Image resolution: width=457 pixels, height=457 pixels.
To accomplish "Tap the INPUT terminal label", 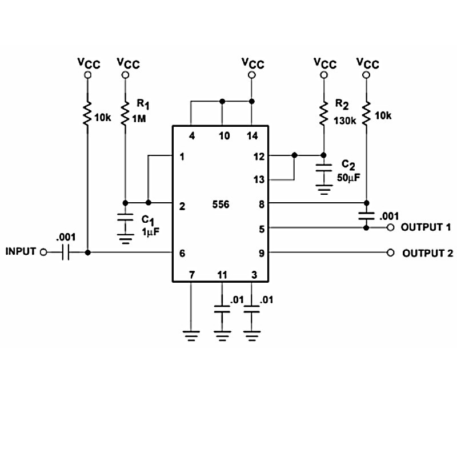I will click(21, 251).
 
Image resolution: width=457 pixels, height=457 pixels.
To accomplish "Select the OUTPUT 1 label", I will click(426, 227).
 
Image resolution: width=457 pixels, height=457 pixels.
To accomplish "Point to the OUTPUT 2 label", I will click(427, 252).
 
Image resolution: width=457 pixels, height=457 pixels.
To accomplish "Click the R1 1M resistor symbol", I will click(125, 113).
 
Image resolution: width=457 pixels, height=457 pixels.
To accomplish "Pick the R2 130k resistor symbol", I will click(323, 113).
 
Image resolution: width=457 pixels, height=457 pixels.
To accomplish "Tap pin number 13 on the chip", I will click(259, 180).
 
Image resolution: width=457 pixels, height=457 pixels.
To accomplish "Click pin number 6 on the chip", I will click(182, 252).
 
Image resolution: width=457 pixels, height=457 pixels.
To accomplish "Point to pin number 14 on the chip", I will click(252, 136).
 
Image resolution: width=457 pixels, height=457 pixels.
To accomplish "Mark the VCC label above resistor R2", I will click(324, 63).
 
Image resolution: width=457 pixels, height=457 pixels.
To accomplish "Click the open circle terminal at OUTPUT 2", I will click(391, 252).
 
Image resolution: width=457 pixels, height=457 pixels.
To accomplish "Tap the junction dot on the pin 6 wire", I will click(87, 252).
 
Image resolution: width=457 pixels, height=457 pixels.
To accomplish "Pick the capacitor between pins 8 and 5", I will click(366, 215).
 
